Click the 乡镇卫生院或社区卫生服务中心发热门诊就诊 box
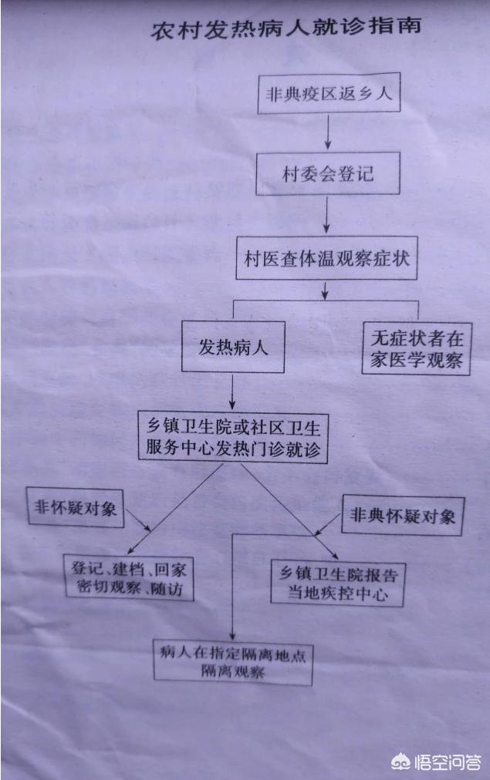[x=233, y=435]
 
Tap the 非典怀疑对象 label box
[x=403, y=516]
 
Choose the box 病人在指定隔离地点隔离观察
[x=232, y=661]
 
